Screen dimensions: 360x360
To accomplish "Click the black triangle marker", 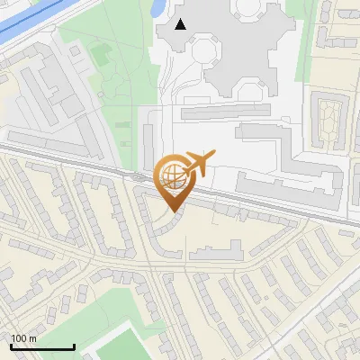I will (181, 24).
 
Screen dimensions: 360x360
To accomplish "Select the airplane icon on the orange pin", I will (201, 163).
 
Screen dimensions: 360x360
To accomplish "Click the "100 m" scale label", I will (23, 338).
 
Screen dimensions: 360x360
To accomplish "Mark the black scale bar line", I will (42, 346).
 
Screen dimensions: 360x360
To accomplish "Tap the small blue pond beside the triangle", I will (159, 8).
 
